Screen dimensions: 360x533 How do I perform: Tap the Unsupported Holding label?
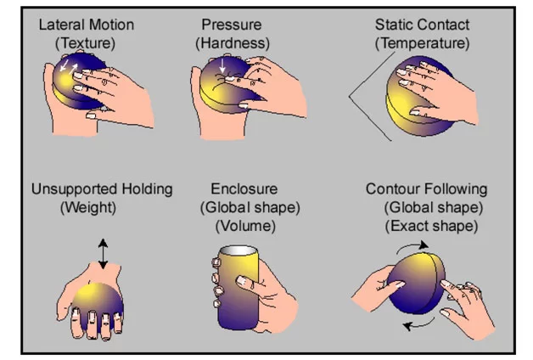[x=101, y=188]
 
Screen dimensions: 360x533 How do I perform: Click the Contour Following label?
[x=427, y=188]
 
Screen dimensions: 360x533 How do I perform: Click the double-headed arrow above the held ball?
[x=103, y=253]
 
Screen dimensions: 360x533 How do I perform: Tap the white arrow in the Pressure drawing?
[x=224, y=64]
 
